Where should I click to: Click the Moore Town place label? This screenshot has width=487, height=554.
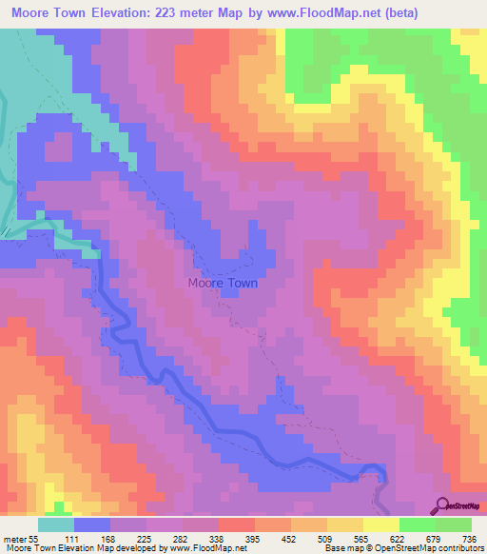[x=223, y=283]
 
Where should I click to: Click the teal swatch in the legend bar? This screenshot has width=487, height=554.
[x=56, y=525]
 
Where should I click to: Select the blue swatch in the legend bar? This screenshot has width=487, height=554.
[x=92, y=525]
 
